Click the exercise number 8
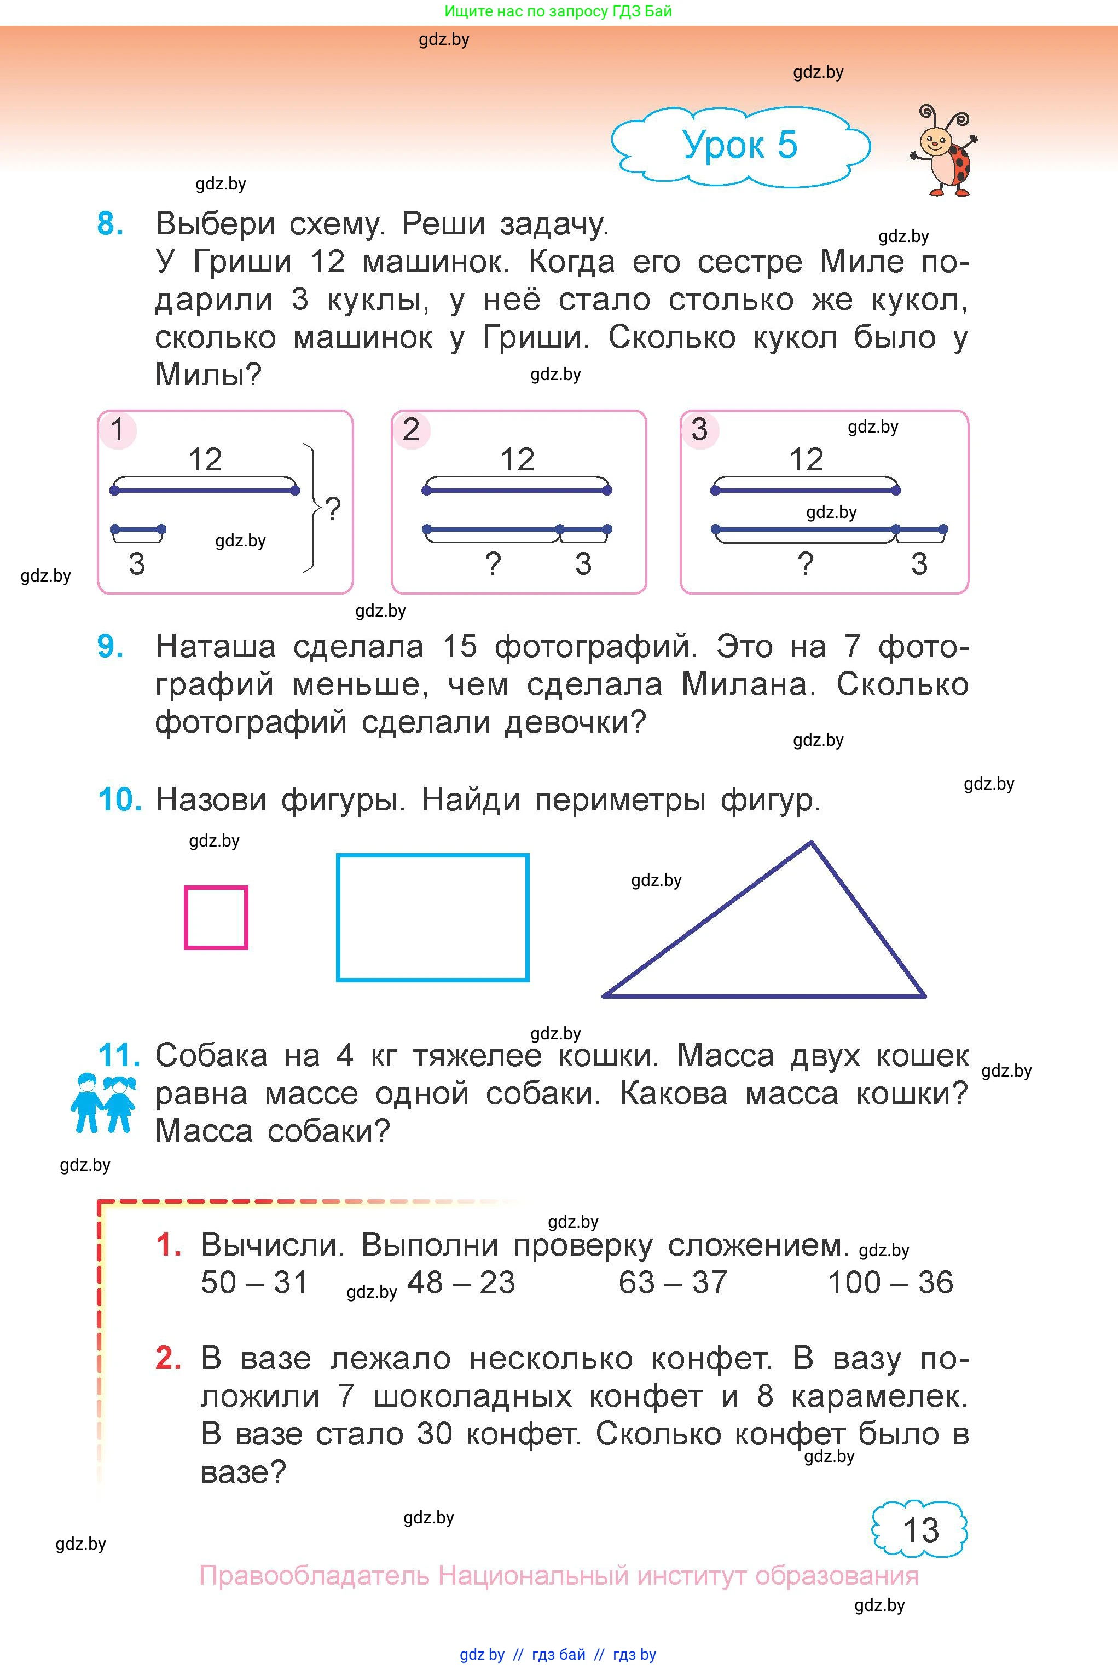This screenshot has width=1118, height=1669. click(110, 224)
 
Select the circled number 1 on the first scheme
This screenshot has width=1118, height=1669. click(118, 429)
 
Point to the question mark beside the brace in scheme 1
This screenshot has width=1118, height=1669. click(333, 509)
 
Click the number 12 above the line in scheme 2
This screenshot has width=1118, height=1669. click(517, 459)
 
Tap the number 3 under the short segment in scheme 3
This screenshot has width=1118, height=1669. click(919, 564)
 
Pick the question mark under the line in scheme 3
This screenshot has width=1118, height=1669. click(805, 564)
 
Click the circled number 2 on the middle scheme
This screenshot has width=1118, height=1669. click(410, 429)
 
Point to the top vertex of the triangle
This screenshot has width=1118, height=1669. click(810, 843)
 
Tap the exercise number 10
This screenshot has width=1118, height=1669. click(120, 800)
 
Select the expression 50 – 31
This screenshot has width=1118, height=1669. click(254, 1282)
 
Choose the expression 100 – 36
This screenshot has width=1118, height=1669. click(890, 1282)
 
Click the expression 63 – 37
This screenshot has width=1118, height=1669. click(673, 1282)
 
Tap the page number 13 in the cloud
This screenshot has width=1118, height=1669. click(920, 1530)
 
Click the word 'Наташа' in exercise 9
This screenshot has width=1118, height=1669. click(215, 647)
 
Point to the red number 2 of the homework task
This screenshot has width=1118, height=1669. click(168, 1358)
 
